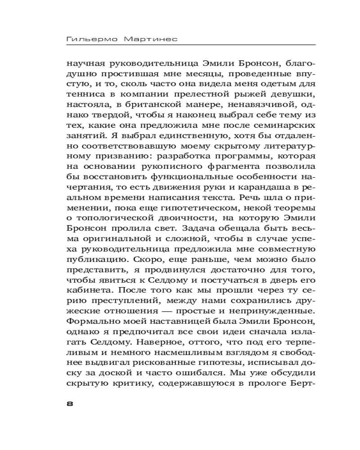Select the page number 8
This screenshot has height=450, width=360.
point(69,403)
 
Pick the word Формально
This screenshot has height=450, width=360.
point(89,323)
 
